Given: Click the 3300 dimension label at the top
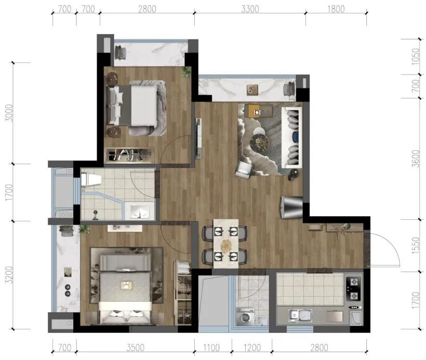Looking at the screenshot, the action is (x=250, y=9).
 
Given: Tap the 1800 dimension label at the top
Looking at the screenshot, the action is (x=336, y=9).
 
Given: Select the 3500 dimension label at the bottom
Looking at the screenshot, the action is (x=135, y=348).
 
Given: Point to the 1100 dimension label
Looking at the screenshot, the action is (x=211, y=348).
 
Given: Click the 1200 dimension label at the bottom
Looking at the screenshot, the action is (x=251, y=348).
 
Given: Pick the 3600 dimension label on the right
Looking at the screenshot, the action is (x=416, y=158).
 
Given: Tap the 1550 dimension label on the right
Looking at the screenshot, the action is (x=416, y=246).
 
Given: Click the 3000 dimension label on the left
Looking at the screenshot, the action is (x=9, y=113).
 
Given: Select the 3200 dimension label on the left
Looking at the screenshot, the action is (x=9, y=275).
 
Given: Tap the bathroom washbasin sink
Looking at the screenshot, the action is (x=140, y=211).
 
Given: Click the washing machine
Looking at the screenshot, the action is (x=245, y=316).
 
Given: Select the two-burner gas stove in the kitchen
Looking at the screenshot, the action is (x=353, y=289).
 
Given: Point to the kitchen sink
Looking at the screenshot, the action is (x=300, y=315).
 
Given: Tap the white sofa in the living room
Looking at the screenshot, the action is (x=292, y=138).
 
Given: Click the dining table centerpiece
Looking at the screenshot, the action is (x=226, y=246).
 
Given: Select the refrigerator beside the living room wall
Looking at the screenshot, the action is (x=291, y=207).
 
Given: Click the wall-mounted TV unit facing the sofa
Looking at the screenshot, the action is (x=198, y=139).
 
